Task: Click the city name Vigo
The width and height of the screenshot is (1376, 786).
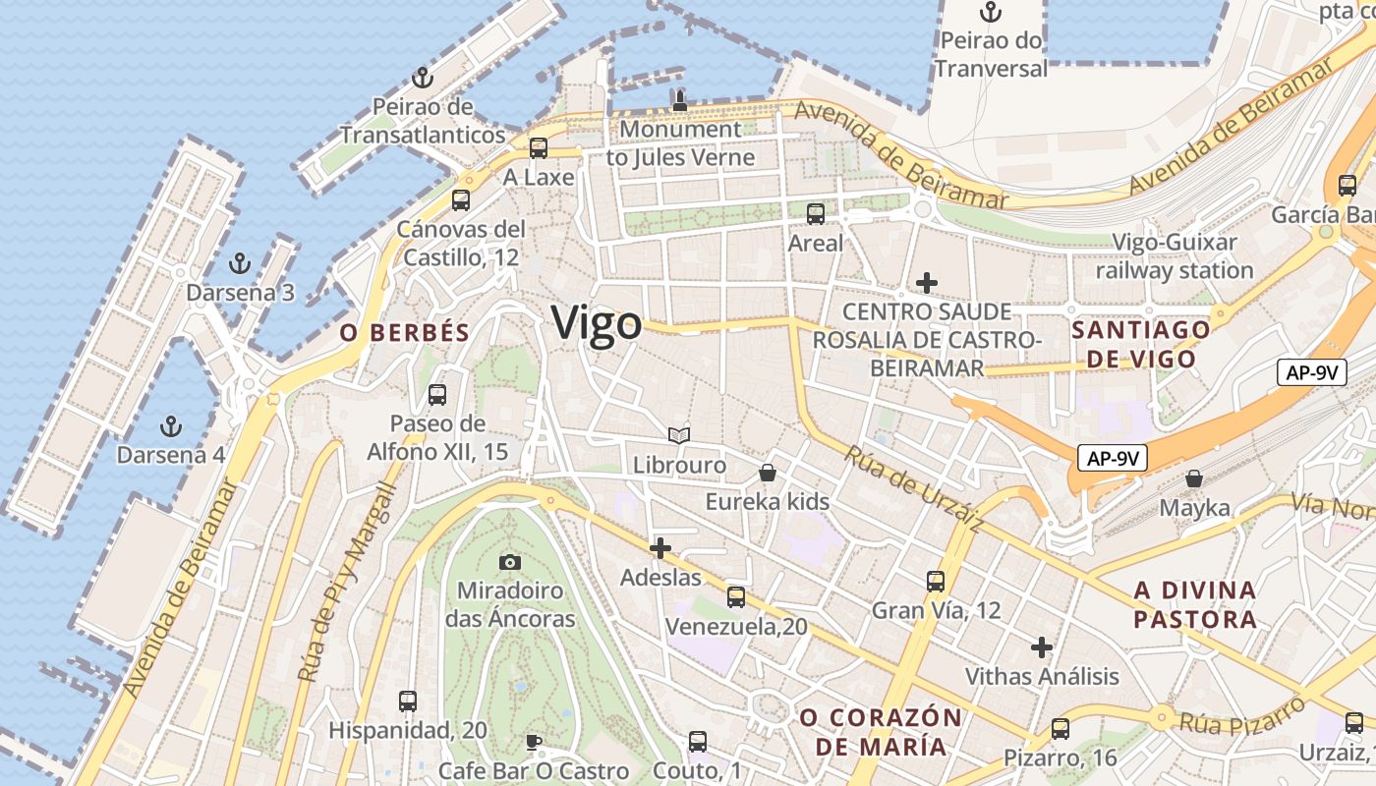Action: tap(597, 323)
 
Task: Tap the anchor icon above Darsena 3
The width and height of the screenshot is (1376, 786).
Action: tap(239, 263)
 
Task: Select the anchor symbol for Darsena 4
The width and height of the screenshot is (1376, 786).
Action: tap(172, 426)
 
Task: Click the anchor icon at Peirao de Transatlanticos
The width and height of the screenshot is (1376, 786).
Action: tap(423, 78)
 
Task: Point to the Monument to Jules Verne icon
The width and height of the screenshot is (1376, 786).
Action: tap(679, 99)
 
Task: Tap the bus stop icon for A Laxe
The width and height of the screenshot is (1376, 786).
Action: tap(539, 148)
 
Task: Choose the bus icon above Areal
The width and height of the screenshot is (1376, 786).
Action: tap(816, 213)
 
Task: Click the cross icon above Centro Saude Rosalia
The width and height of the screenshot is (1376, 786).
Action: tap(926, 283)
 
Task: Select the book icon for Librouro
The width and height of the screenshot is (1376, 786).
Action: tap(679, 435)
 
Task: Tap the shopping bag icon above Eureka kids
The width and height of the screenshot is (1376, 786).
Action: tap(768, 473)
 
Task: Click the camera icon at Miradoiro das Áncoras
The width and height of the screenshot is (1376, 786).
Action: tap(509, 562)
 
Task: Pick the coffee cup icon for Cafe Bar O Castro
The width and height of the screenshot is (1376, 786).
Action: tap(534, 741)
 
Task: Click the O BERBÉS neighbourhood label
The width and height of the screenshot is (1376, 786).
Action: tap(405, 333)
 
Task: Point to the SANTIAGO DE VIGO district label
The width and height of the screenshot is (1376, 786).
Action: tap(1140, 344)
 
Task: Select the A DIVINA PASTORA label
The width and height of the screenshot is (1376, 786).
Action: tap(1195, 604)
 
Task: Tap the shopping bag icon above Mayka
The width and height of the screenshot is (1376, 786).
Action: tap(1194, 478)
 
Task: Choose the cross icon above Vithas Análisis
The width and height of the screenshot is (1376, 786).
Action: tap(1042, 647)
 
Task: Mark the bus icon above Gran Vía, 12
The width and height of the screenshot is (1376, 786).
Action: tap(936, 582)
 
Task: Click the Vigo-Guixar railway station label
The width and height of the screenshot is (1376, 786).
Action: tap(1175, 255)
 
